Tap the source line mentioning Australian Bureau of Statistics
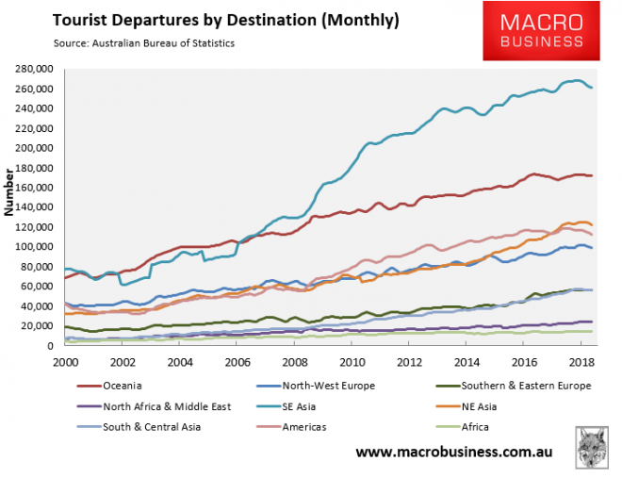tap(132, 43)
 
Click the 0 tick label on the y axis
tap(55, 346)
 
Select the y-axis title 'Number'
tap(9, 194)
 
